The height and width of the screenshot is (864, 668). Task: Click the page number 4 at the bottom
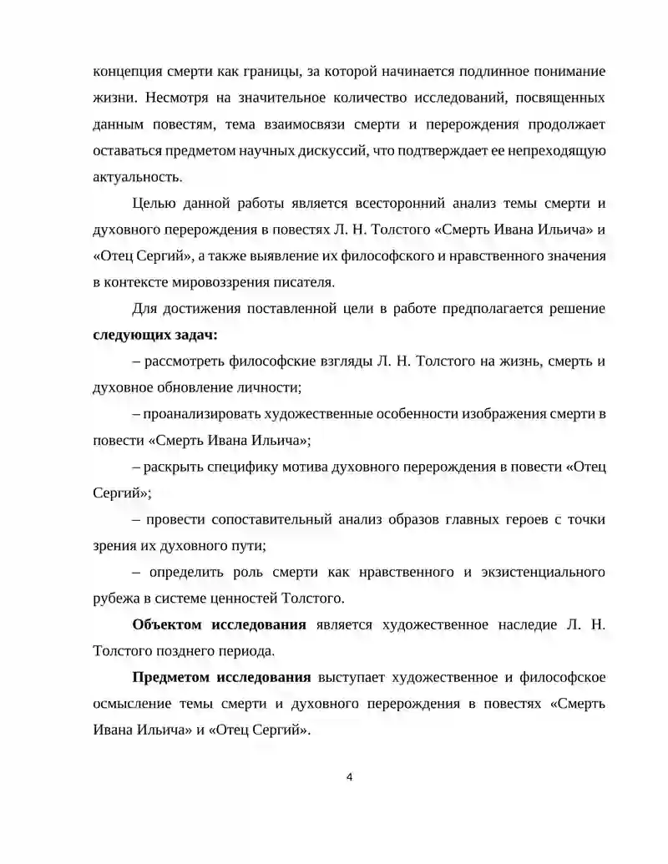coord(349,777)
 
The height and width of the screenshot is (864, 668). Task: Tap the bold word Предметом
coord(173,677)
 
